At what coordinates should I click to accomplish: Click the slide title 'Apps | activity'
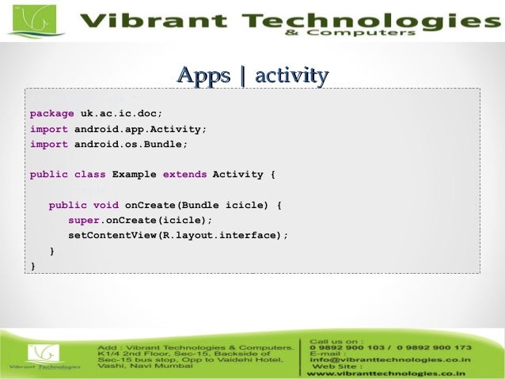point(252,76)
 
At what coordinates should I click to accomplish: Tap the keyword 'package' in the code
point(52,113)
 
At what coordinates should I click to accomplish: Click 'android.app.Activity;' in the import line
point(140,129)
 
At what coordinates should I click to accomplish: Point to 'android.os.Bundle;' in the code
point(131,144)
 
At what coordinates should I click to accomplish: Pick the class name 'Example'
point(134,175)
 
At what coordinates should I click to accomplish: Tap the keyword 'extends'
point(184,175)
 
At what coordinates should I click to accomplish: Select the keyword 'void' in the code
point(106,206)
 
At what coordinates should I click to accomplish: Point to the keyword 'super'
point(84,221)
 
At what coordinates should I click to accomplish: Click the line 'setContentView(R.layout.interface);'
point(178,236)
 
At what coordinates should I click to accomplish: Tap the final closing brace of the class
point(32,267)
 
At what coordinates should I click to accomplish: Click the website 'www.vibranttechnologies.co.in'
point(385,373)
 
